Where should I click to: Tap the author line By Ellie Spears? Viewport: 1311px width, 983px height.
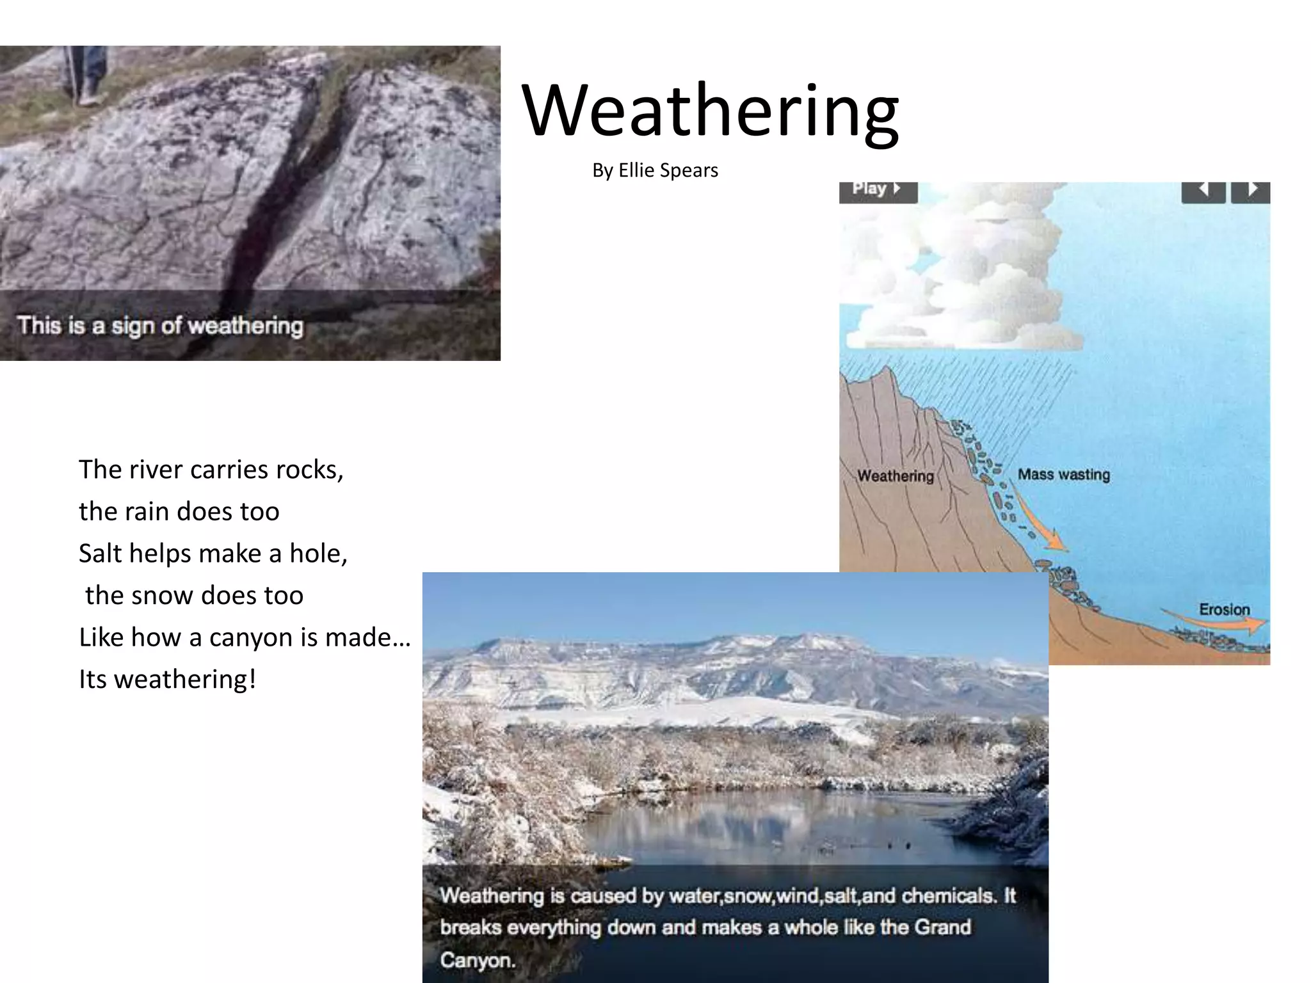(655, 170)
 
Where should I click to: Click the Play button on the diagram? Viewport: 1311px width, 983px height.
(878, 190)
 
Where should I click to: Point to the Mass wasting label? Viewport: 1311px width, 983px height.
(1063, 474)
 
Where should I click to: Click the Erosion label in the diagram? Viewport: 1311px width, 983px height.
(1224, 609)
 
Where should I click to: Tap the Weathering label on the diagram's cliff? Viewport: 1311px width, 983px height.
(895, 476)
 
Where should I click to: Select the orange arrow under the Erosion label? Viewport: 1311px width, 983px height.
(1216, 621)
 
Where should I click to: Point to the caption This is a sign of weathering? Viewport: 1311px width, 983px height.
(160, 325)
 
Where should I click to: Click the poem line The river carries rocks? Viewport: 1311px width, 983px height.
(211, 470)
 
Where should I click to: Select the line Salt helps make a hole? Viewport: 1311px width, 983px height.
(213, 554)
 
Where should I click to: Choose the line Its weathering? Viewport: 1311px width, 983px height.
(167, 679)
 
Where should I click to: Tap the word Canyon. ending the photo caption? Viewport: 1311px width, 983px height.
(478, 960)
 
